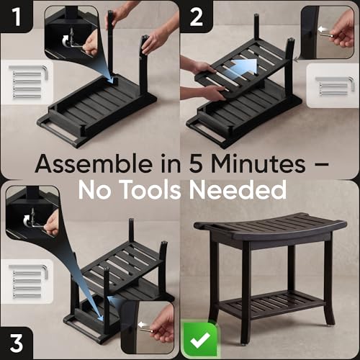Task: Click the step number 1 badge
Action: [16, 17]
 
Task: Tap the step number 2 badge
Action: [196, 17]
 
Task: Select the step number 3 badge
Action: [16, 343]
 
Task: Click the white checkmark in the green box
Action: [200, 341]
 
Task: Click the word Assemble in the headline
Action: [94, 163]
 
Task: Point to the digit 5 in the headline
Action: [196, 164]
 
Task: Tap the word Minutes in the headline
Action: [258, 163]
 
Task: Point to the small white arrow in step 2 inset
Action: [323, 30]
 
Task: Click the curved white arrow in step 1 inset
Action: [65, 41]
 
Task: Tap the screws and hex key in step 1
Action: [28, 82]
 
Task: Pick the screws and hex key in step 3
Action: [28, 281]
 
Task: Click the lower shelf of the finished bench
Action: [273, 305]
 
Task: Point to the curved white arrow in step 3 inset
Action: [27, 220]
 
